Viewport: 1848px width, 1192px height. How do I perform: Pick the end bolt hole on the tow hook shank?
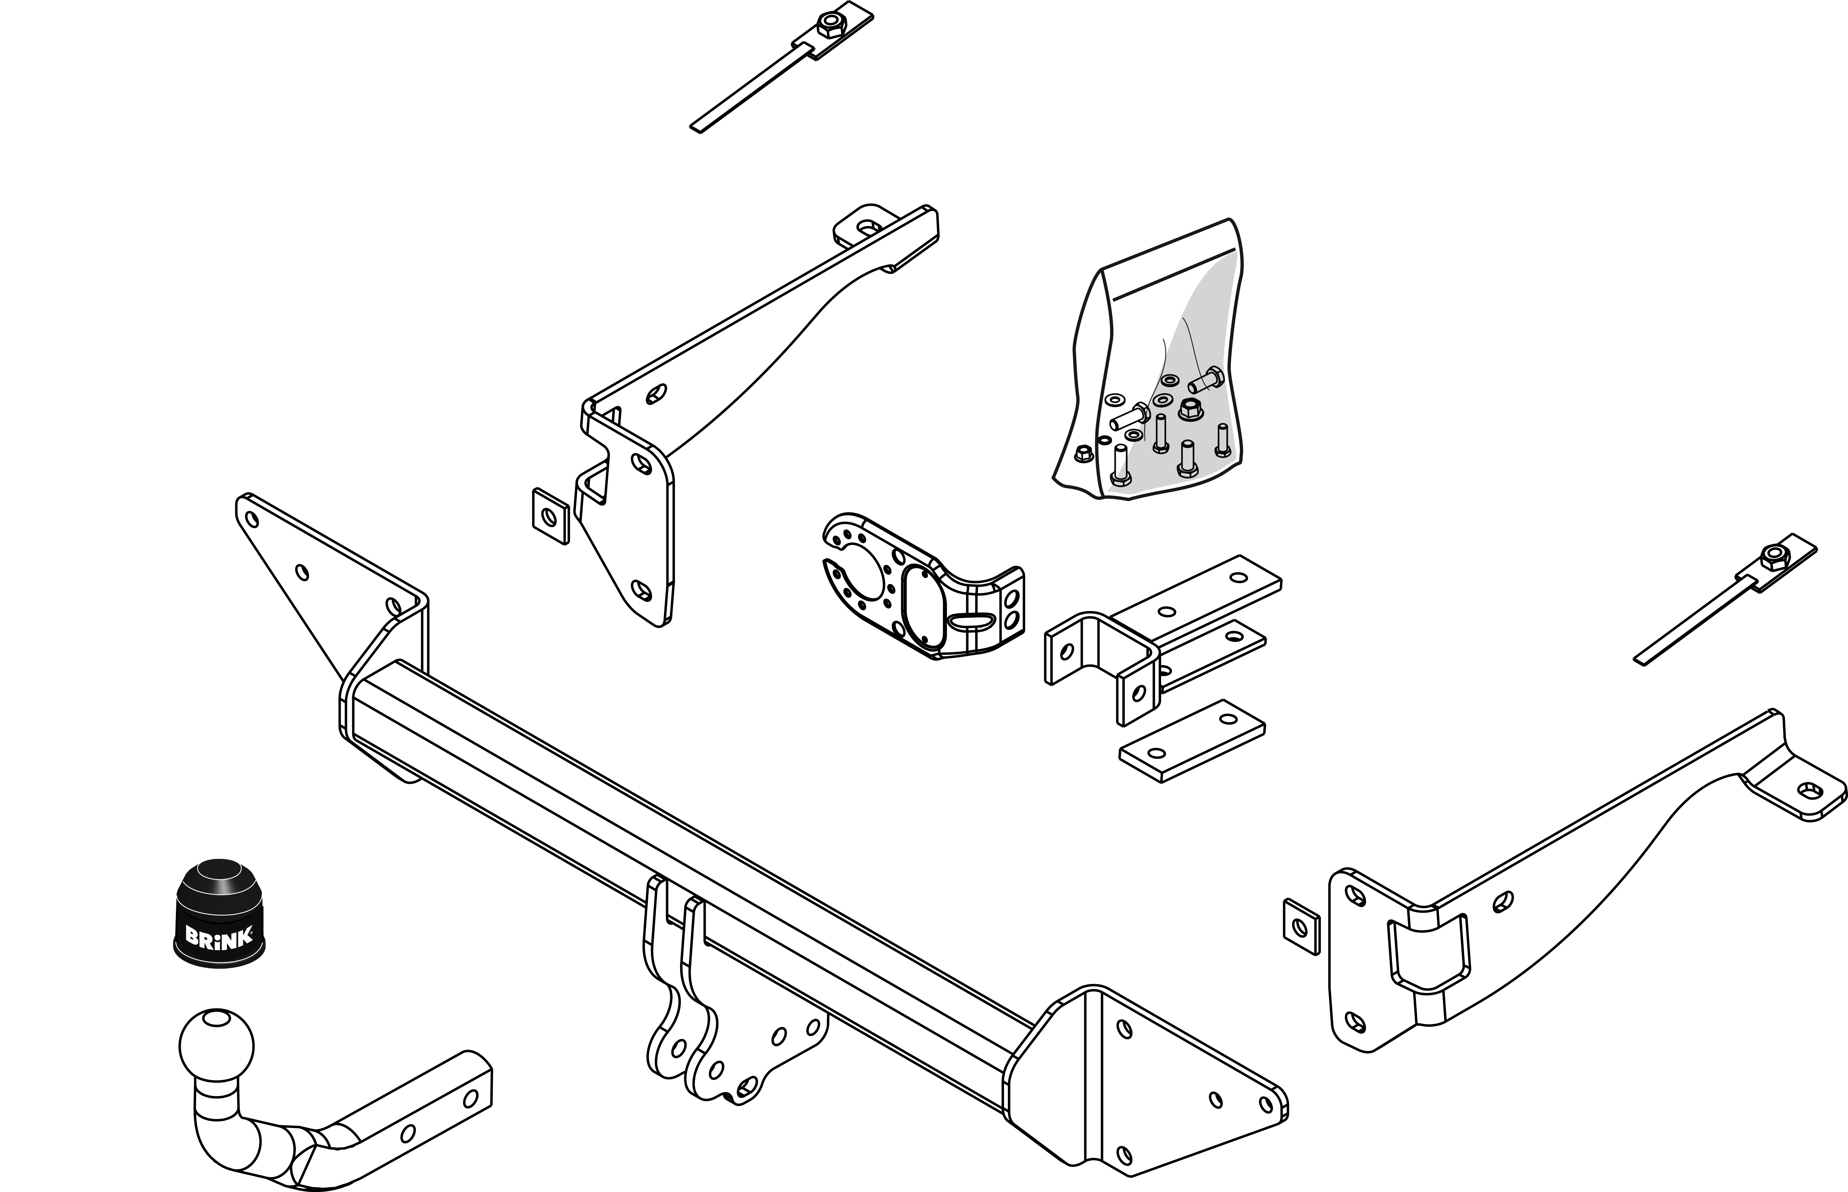tap(470, 1099)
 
